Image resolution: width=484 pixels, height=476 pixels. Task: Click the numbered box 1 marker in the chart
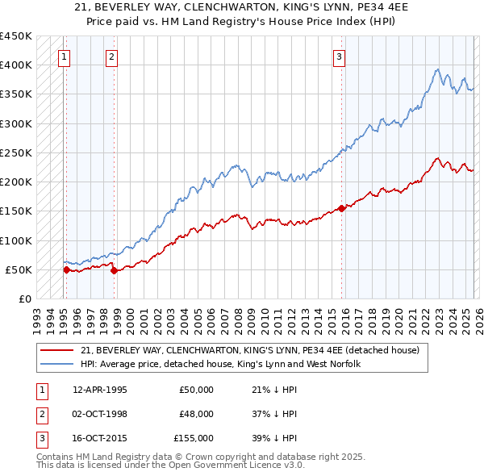click(64, 56)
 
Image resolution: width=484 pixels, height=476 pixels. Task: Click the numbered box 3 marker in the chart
click(340, 56)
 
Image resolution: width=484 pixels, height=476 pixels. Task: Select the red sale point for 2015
click(341, 208)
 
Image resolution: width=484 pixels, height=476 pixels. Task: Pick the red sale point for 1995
click(66, 269)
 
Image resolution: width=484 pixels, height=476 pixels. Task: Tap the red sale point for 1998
click(113, 271)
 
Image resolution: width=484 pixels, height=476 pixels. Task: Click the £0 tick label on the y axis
click(24, 299)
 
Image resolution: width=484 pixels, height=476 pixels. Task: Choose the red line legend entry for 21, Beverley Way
click(249, 351)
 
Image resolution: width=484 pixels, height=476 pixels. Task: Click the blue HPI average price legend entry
click(219, 365)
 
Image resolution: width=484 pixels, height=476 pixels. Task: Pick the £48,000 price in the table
click(196, 414)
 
